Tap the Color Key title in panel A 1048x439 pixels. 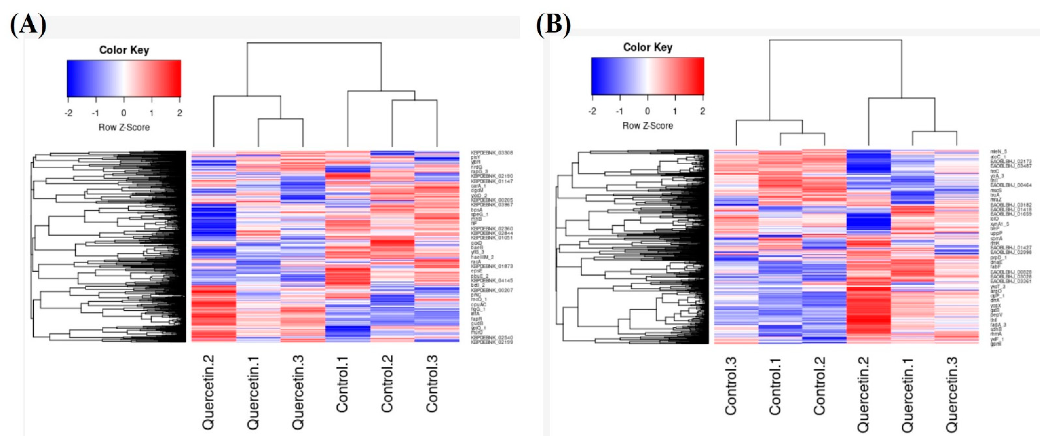(124, 50)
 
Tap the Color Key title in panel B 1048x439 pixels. (648, 47)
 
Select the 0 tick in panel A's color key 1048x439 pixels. (124, 113)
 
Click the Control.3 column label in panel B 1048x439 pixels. (731, 386)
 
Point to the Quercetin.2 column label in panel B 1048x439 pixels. (863, 394)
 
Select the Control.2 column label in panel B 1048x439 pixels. (819, 386)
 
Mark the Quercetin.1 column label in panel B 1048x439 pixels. (907, 394)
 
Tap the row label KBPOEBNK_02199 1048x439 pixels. (492, 342)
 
